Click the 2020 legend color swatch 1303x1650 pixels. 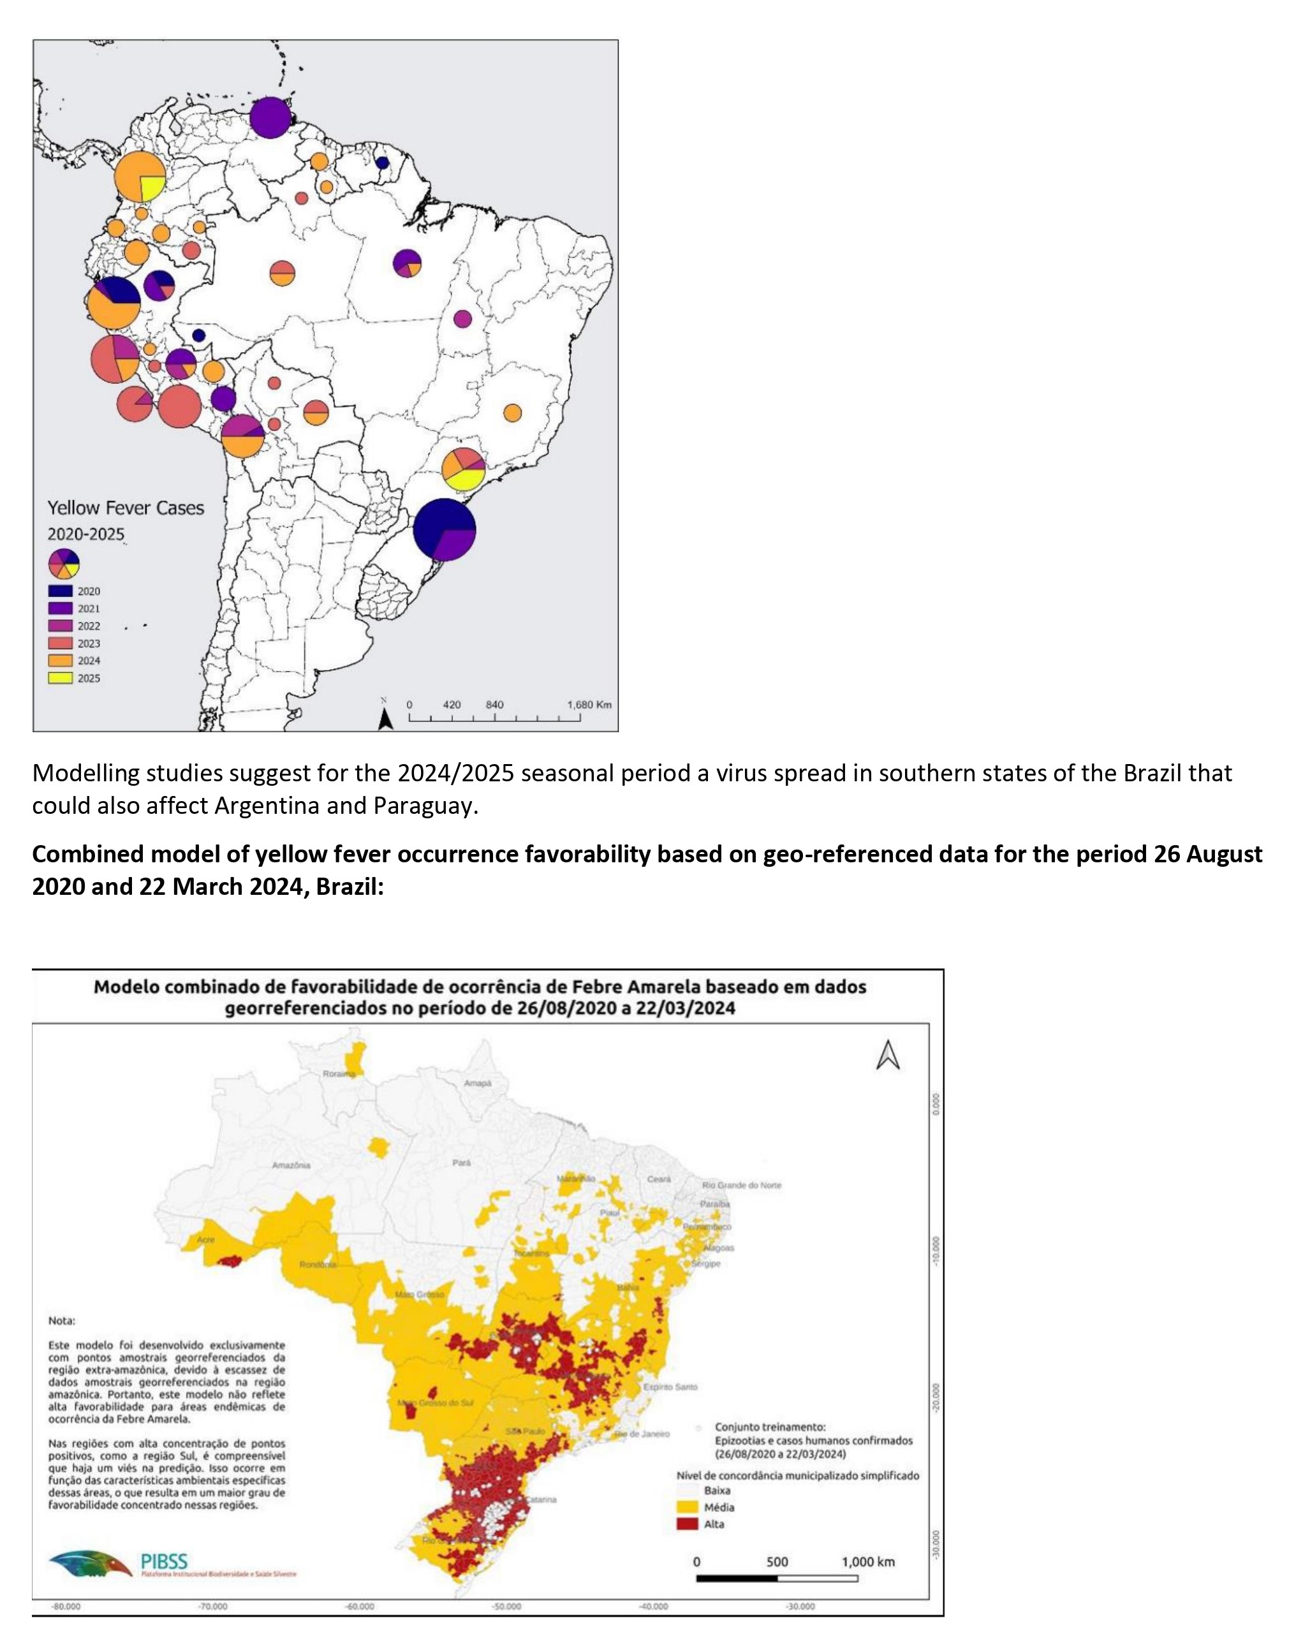click(x=60, y=591)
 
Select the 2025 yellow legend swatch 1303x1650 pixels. click(x=60, y=678)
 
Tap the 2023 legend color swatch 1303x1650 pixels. click(x=60, y=643)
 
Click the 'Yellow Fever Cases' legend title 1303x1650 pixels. click(x=126, y=508)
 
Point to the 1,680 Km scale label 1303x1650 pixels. click(x=589, y=705)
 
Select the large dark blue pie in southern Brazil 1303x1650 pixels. click(x=444, y=529)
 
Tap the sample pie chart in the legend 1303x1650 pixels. click(x=63, y=564)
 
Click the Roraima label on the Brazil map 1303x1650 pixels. click(x=338, y=1074)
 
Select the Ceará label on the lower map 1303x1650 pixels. click(x=658, y=1179)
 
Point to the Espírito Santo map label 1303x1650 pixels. click(x=670, y=1387)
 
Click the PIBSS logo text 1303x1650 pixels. click(x=164, y=1560)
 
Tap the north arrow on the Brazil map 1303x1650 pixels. click(x=888, y=1056)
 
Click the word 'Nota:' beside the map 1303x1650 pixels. click(x=62, y=1320)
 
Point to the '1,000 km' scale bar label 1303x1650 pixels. click(x=867, y=1561)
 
